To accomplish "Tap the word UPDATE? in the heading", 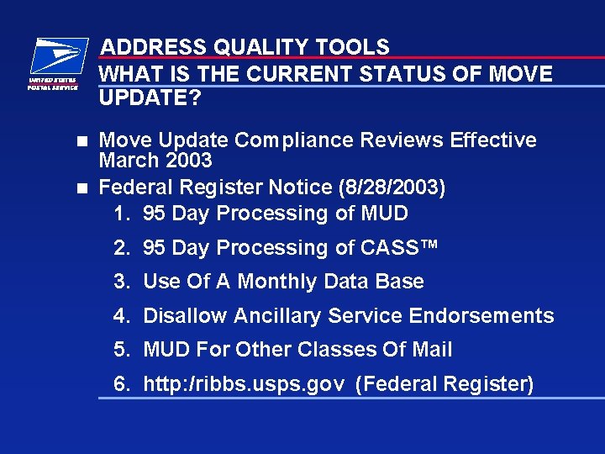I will coord(150,98).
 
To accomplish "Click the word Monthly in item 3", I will coord(277,282).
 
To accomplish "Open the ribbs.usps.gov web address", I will coord(244,385).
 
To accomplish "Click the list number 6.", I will coord(121,384).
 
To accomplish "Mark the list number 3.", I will coord(121,282).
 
